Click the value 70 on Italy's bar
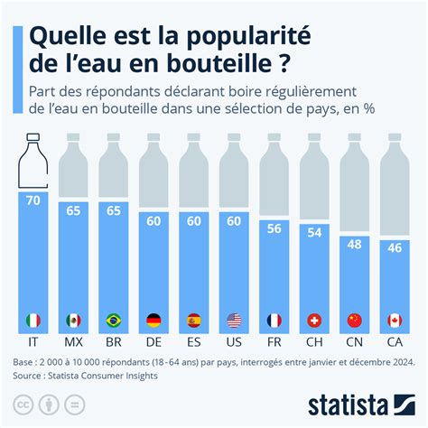(x=33, y=201)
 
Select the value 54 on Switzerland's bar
(x=315, y=234)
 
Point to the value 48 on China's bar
(x=356, y=246)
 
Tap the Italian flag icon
(x=33, y=320)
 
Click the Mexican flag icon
(x=73, y=320)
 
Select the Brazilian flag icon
(x=114, y=320)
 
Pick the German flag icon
(x=154, y=320)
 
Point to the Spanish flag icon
(x=194, y=320)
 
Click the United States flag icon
(x=235, y=320)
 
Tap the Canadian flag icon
(x=395, y=320)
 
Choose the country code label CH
(x=315, y=344)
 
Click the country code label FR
(x=274, y=344)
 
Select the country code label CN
(x=356, y=344)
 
